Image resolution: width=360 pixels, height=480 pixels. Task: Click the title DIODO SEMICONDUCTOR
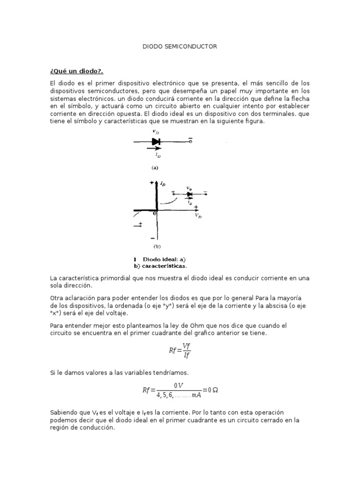[180, 47]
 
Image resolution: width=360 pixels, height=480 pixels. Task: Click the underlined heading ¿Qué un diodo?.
[76, 71]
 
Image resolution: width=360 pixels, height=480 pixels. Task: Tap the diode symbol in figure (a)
[156, 141]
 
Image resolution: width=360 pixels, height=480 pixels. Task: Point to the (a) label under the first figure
[155, 167]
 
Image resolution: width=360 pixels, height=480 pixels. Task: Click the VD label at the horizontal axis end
[198, 217]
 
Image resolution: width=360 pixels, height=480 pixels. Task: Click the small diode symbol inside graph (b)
[189, 194]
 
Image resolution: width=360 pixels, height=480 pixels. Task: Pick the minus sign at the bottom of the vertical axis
[152, 237]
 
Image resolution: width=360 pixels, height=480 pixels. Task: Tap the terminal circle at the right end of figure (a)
[191, 141]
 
